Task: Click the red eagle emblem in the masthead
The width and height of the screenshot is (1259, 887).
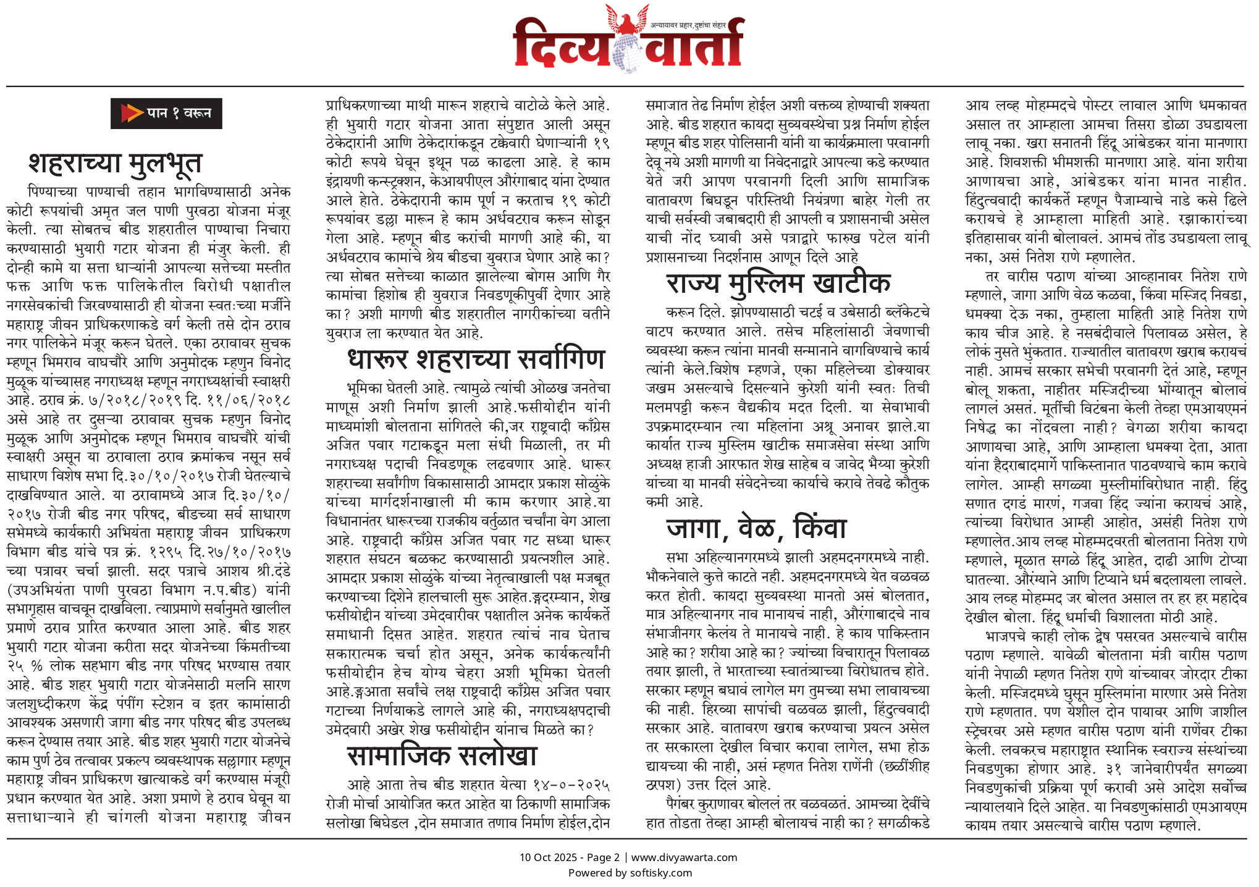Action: click(x=627, y=19)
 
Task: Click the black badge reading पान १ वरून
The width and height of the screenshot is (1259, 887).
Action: click(x=166, y=113)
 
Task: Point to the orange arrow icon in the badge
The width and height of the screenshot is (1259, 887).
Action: click(x=131, y=113)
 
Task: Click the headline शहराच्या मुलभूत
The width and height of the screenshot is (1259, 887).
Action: click(x=116, y=164)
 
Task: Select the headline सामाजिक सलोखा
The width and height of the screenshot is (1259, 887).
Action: click(x=442, y=756)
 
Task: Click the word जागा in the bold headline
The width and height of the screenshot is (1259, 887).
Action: click(x=694, y=528)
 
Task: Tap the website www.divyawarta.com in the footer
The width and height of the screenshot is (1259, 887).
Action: click(x=684, y=857)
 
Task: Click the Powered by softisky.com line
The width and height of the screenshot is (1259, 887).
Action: click(x=629, y=873)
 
